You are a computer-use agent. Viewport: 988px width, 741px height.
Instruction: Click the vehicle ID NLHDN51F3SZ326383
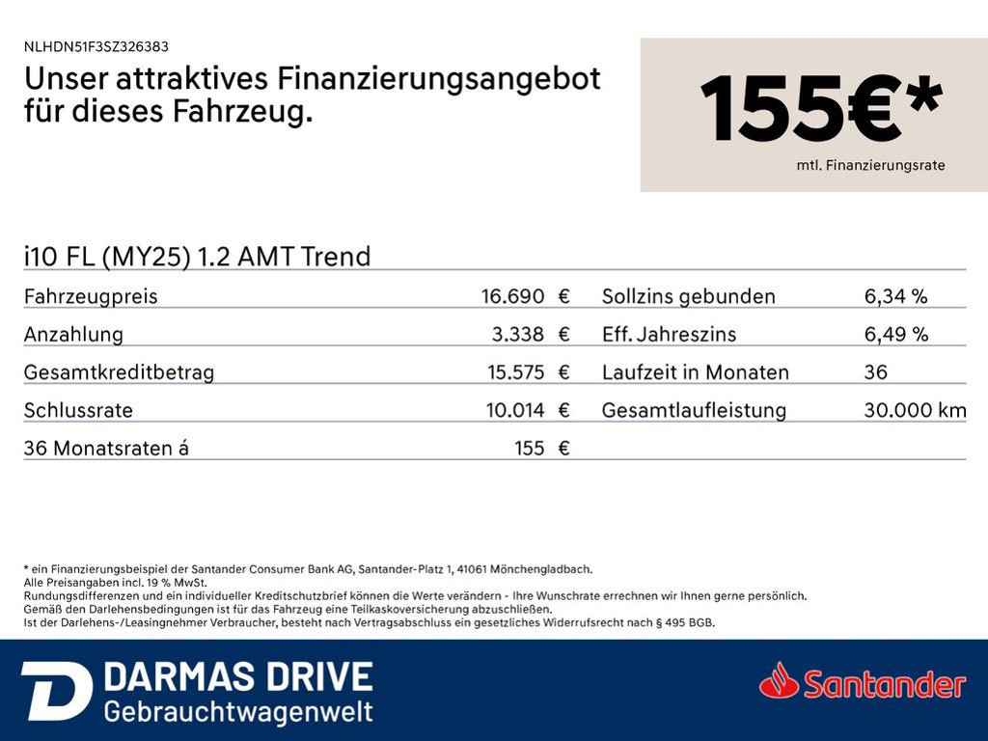[x=96, y=46]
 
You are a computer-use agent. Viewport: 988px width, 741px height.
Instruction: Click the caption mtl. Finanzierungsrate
[x=870, y=165]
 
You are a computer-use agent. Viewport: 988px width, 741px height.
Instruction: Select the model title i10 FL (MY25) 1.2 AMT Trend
[x=197, y=257]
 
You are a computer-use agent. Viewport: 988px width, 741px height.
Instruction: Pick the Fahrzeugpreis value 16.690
[x=512, y=295]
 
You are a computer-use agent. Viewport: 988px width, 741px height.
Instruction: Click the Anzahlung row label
[x=73, y=335]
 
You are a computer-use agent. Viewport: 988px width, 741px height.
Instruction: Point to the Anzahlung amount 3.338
[x=517, y=334]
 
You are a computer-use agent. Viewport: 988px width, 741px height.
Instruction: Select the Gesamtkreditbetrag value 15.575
[x=515, y=371]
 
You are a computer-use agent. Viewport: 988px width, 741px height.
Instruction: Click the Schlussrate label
[x=78, y=410]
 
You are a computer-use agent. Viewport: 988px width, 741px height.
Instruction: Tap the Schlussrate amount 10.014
[x=515, y=410]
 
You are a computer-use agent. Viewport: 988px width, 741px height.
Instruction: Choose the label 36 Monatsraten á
[x=106, y=448]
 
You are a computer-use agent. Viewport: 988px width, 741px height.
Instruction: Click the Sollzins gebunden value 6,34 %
[x=895, y=296]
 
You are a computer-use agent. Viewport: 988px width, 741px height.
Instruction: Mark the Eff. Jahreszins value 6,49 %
[x=896, y=334]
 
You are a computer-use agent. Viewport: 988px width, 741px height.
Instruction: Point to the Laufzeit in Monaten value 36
[x=875, y=371]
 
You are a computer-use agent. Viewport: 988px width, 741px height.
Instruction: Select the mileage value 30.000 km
[x=915, y=410]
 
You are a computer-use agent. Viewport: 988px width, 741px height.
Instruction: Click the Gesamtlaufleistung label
[x=694, y=411]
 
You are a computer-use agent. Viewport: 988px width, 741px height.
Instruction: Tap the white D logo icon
[x=57, y=691]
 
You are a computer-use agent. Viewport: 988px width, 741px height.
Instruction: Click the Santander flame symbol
[x=780, y=680]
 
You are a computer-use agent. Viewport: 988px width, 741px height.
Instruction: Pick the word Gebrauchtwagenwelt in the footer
[x=238, y=712]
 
